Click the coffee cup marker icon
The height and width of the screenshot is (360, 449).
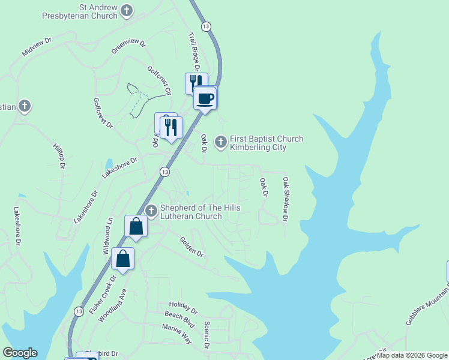click(205, 98)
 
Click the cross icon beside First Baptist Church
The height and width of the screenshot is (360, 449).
click(221, 142)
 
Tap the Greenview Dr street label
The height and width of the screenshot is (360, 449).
click(128, 46)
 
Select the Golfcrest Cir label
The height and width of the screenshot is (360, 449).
click(160, 80)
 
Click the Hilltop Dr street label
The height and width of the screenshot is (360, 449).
click(58, 156)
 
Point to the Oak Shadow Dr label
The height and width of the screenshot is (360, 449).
click(286, 199)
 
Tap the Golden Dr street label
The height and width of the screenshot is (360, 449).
click(192, 247)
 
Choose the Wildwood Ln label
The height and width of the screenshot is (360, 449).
click(108, 236)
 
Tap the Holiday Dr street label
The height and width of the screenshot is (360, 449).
click(182, 307)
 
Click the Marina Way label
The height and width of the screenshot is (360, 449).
click(176, 334)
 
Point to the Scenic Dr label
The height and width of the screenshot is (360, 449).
click(206, 335)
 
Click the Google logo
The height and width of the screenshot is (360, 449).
click(20, 353)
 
